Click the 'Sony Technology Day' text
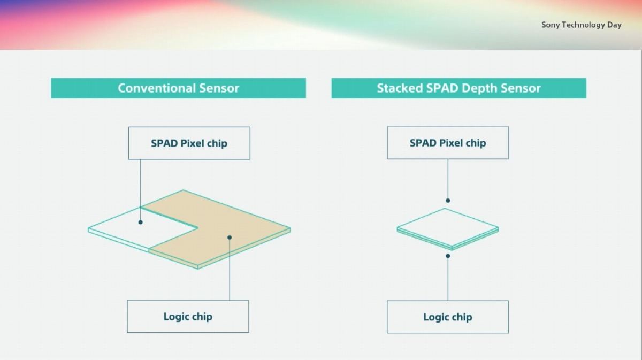click(581, 25)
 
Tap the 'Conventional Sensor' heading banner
click(179, 88)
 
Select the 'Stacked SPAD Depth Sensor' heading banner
click(459, 88)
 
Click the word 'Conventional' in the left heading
click(157, 88)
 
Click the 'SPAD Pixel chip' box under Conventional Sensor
click(189, 143)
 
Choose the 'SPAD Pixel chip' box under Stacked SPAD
click(448, 143)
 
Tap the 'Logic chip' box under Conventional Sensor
click(188, 317)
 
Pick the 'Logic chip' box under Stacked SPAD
click(448, 317)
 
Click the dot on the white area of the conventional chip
click(140, 222)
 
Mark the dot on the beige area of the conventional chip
click(230, 238)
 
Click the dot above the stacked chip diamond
click(448, 201)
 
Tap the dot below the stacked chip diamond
click(448, 256)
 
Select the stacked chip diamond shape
click(448, 229)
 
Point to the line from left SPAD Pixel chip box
click(140, 190)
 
